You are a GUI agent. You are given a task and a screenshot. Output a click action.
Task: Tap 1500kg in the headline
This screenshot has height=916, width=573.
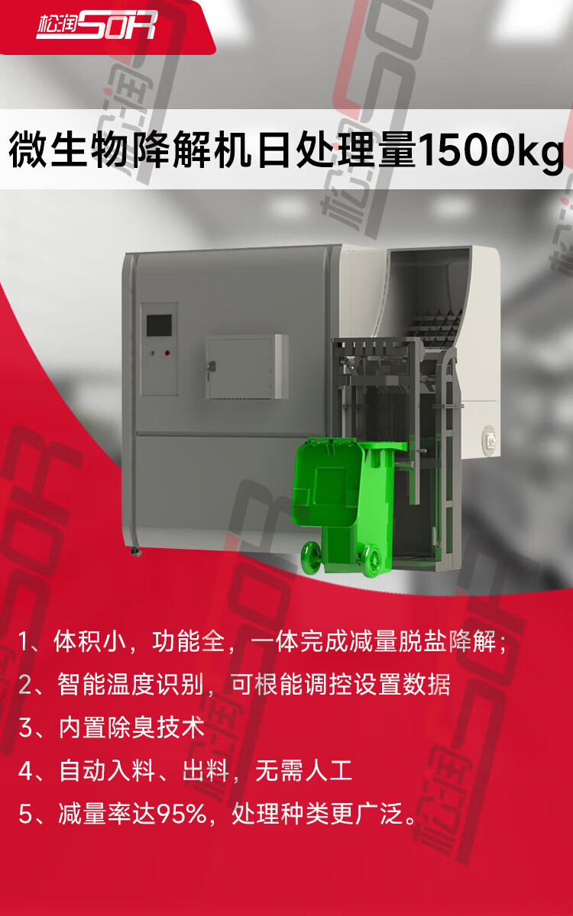tap(491, 150)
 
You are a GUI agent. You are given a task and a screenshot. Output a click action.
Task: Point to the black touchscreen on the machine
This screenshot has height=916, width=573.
tap(159, 325)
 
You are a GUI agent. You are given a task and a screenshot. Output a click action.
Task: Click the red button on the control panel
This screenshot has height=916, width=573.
tap(167, 353)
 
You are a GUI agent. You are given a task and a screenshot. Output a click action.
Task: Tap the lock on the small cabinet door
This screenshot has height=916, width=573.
tap(212, 366)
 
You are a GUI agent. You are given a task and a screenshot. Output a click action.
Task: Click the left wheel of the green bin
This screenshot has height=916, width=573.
tap(312, 556)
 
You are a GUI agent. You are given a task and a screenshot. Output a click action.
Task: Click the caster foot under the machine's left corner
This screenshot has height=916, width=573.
tap(136, 552)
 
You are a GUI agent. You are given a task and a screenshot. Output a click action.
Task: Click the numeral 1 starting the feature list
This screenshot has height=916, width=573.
tap(24, 642)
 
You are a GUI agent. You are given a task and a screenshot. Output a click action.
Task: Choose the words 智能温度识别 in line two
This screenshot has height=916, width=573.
tap(131, 684)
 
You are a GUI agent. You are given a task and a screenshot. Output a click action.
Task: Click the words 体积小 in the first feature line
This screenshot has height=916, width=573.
tap(89, 641)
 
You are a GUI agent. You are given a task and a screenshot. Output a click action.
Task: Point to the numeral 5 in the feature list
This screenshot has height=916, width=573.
tap(24, 814)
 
